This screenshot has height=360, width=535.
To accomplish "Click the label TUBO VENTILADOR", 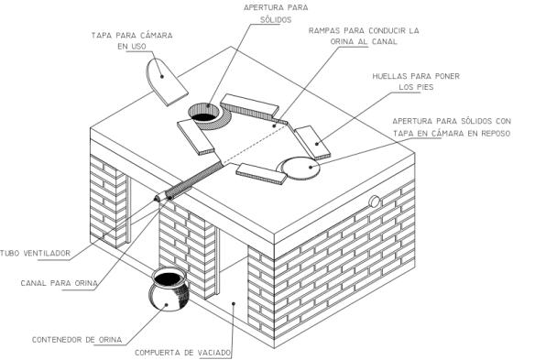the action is [35, 253].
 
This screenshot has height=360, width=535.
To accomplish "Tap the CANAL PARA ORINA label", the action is [59, 283].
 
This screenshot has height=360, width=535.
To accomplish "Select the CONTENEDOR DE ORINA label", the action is [77, 340].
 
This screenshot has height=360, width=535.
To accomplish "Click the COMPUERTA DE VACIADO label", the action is [183, 353].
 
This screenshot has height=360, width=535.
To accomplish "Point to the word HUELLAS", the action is [389, 76].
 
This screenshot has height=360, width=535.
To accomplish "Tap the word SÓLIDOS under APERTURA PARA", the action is [276, 20].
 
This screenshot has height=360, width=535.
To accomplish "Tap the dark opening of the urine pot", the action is [168, 278].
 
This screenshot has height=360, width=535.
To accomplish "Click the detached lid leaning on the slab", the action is [166, 82].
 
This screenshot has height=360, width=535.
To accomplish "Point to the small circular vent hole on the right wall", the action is [375, 202].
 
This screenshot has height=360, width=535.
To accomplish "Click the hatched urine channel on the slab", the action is [195, 180].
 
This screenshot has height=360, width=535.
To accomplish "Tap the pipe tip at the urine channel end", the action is [159, 197].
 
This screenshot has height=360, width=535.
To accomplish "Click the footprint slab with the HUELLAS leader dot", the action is [312, 142].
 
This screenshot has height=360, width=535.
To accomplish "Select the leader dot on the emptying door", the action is [234, 302].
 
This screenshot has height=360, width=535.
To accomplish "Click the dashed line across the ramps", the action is [256, 142].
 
